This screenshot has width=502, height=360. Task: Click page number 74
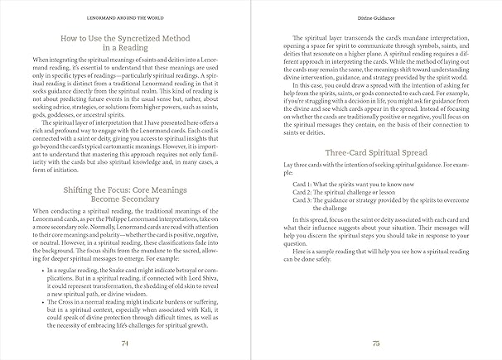[124, 340]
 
